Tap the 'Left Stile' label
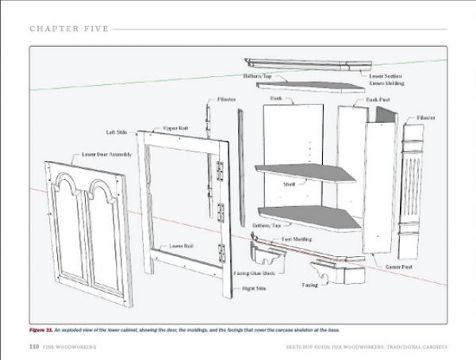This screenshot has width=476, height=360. click(112, 132)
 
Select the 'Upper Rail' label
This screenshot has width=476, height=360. click(175, 127)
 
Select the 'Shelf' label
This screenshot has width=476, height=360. click(289, 183)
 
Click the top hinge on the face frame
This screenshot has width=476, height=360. click(220, 169)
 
